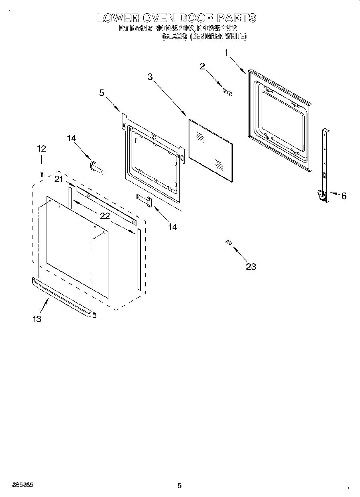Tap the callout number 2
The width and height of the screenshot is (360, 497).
[203, 66]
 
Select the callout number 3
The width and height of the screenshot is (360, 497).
[151, 77]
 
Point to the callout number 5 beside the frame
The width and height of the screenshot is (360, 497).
[102, 93]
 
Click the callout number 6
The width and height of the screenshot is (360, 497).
[344, 196]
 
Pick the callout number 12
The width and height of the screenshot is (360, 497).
[41, 148]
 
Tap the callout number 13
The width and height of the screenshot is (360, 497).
[37, 319]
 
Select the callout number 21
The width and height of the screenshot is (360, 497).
[59, 179]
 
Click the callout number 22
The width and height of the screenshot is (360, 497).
[105, 216]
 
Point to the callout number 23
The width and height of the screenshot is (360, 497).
[251, 267]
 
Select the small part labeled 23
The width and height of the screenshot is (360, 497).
[229, 242]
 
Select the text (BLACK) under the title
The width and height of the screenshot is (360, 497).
[175, 36]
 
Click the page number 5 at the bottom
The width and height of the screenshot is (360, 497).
[179, 486]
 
